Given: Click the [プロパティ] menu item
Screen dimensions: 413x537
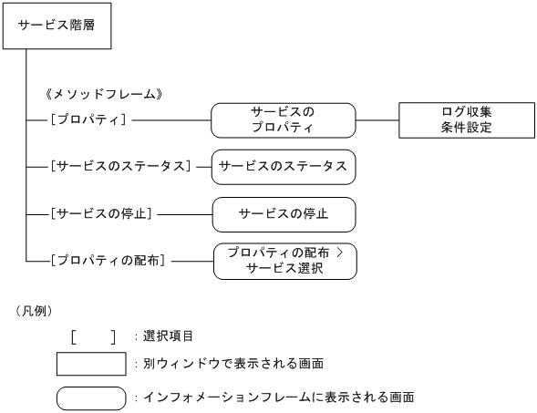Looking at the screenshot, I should coord(89,119).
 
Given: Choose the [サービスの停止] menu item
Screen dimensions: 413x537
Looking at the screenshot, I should coord(101,214).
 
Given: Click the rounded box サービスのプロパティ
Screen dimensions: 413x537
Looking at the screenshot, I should coord(283,119).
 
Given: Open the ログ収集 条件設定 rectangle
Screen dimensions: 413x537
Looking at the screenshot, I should coord(465,119).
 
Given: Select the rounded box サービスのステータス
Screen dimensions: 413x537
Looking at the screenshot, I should coord(284,166).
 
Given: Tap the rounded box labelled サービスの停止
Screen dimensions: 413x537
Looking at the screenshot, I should coord(284,214).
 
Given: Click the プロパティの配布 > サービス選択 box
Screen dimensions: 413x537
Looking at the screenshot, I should coord(284,261).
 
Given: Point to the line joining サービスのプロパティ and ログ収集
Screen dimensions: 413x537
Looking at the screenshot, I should coord(377,119).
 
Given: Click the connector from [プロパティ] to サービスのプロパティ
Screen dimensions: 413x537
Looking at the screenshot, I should coord(171,119).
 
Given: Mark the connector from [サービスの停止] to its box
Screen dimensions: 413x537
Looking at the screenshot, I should coord(182,214).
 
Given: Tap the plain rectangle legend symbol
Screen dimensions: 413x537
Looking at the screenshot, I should coord(90,364).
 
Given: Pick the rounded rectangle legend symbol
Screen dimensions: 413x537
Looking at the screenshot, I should coord(90,398).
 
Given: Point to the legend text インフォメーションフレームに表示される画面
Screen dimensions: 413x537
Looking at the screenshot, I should coord(279,398).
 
